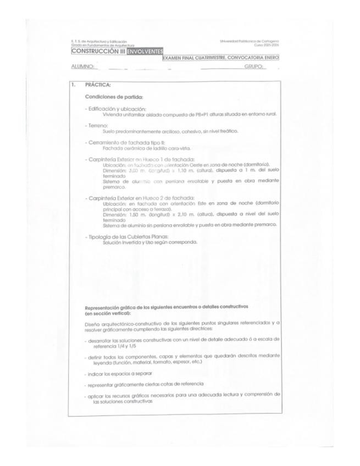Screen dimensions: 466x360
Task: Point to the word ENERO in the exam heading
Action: (x=272, y=58)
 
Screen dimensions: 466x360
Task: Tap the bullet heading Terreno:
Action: (x=97, y=126)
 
